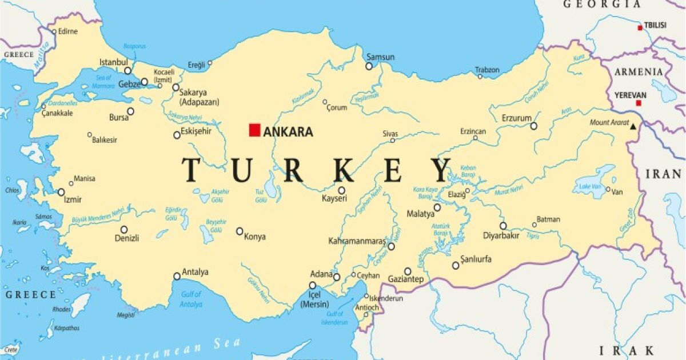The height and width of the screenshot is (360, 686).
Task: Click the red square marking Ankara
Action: (254, 130)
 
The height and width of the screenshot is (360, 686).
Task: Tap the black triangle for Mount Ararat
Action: (633, 125)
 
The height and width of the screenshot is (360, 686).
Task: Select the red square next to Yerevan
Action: (639, 103)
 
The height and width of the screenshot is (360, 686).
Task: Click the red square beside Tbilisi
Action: (640, 27)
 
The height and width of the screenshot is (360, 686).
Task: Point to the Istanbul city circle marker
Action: (127, 71)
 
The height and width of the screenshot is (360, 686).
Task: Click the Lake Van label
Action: (590, 186)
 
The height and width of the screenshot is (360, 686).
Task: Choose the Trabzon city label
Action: (488, 70)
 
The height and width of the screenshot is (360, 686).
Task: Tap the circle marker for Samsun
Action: (369, 66)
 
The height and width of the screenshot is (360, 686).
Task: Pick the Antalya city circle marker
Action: (177, 277)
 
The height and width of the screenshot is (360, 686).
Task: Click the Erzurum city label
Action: (516, 118)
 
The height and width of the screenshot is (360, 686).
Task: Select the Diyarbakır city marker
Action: (503, 226)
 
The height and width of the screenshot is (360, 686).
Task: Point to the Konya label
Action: (255, 237)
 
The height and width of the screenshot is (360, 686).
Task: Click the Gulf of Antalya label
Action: (191, 300)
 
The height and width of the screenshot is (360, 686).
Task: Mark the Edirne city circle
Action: (54, 31)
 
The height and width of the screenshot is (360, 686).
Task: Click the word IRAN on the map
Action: (663, 174)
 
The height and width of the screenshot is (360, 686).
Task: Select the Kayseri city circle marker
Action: (341, 191)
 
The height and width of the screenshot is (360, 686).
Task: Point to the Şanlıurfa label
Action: (476, 259)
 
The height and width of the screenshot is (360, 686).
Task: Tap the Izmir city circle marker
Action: (61, 192)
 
